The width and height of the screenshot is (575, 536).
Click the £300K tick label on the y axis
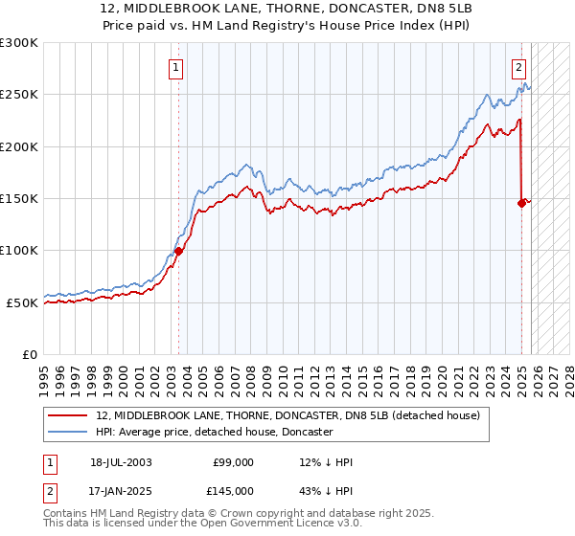pos(19,43)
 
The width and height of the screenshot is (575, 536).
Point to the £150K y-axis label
pos(19,198)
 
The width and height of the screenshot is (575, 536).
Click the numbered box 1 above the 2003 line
pos(177,67)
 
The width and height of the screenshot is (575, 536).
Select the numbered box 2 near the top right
pos(518,67)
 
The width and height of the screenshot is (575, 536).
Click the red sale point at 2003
pos(178,252)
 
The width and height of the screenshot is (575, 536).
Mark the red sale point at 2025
pos(522,203)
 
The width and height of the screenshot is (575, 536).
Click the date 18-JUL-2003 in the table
pos(121,462)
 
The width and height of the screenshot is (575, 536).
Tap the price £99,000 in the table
pos(233,462)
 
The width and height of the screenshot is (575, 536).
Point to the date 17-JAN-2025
pos(121,491)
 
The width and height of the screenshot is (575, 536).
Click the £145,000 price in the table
pos(233,491)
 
